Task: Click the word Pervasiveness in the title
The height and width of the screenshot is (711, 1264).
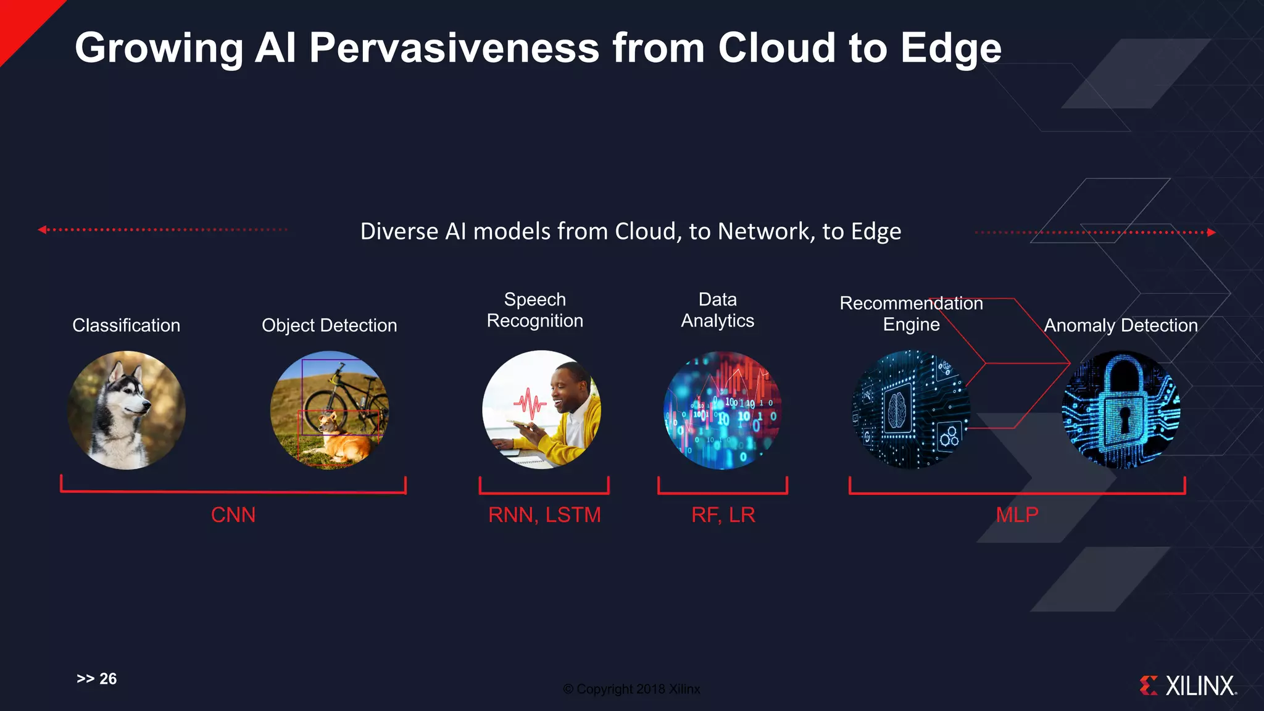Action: tap(454, 48)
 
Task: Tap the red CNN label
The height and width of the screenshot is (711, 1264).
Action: tap(233, 515)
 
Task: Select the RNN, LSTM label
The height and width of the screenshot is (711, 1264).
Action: tap(544, 515)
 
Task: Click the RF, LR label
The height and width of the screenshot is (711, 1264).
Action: tap(723, 515)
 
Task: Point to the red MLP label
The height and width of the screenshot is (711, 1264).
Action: tap(1017, 514)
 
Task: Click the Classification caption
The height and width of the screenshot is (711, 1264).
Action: tap(126, 325)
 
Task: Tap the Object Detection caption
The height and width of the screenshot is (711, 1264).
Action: tap(329, 325)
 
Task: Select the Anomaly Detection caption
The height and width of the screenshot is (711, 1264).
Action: tap(1120, 325)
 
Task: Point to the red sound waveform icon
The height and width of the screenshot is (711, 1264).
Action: tap(530, 404)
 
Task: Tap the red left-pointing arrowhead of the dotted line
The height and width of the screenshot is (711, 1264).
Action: tap(42, 230)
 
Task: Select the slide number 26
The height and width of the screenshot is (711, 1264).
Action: tap(107, 679)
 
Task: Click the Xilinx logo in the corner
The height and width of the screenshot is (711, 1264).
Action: tap(1188, 686)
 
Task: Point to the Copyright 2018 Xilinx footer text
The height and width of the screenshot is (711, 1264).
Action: tap(631, 689)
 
